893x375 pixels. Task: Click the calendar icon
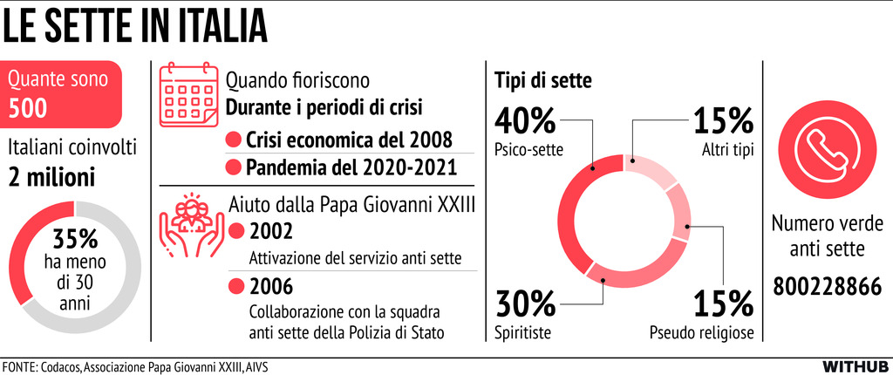[187, 93]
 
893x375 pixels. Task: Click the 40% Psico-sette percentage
[526, 120]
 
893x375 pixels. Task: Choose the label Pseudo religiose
[700, 332]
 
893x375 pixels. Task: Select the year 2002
[270, 233]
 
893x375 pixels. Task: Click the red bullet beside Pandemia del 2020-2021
[233, 167]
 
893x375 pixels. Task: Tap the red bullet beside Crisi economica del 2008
[233, 140]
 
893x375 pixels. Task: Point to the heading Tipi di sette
[544, 80]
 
